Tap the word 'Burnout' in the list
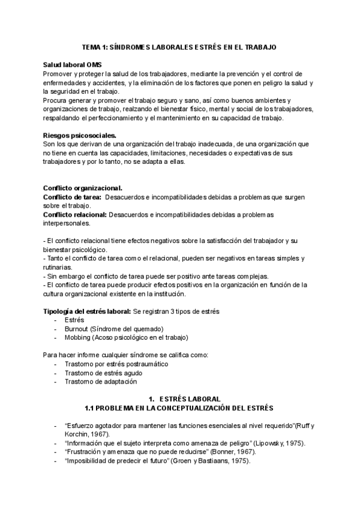[x=77, y=329]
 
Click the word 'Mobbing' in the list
[x=78, y=337]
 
